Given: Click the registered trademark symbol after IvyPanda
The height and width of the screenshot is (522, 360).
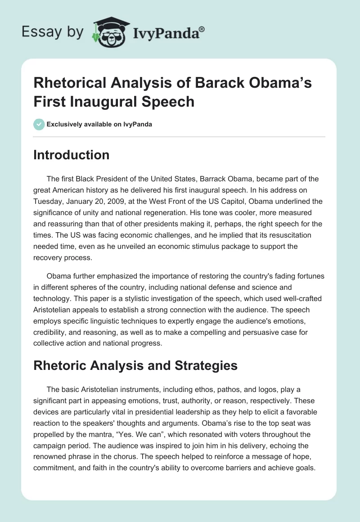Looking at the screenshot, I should point(202,29).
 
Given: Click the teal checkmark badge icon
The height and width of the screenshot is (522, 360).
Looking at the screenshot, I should point(39,124).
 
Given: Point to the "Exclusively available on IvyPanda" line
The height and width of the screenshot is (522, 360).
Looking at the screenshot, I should point(99,124).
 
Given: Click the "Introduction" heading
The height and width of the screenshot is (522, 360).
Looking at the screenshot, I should point(72,155).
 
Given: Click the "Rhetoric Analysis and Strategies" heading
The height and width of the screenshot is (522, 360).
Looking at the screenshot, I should point(135,365).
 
